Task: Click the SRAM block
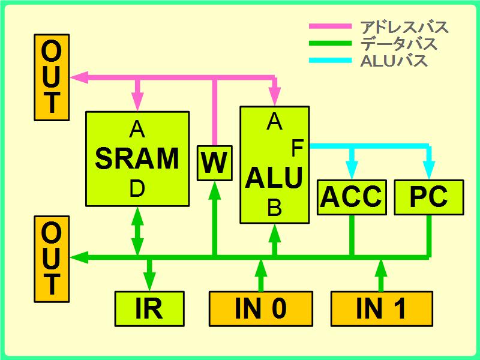point(137,158)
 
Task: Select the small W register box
point(214,163)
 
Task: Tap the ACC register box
point(352,197)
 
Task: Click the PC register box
point(428,197)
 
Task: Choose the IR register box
point(149,308)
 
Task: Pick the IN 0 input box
point(261,308)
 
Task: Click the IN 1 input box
point(382,308)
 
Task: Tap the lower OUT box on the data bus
point(52,258)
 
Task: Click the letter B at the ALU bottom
point(274,208)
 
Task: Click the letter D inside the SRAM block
point(137,189)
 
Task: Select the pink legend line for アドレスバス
point(329,26)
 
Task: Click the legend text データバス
point(399,44)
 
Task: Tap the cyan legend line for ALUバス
point(329,60)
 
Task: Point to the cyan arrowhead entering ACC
point(352,170)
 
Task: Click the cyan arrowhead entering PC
point(428,170)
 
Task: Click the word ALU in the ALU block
point(274,178)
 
